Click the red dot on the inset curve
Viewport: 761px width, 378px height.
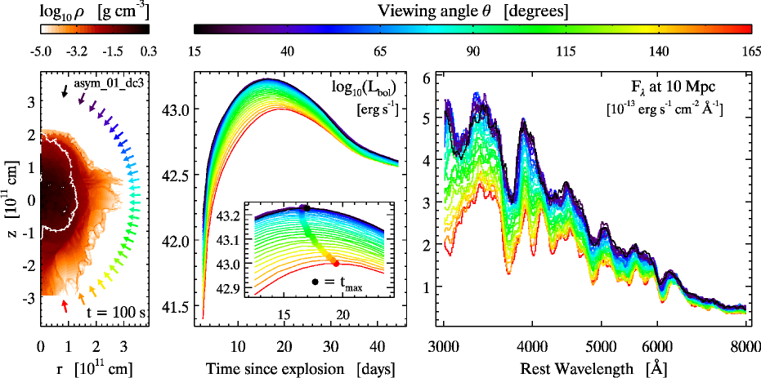pos(336,263)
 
